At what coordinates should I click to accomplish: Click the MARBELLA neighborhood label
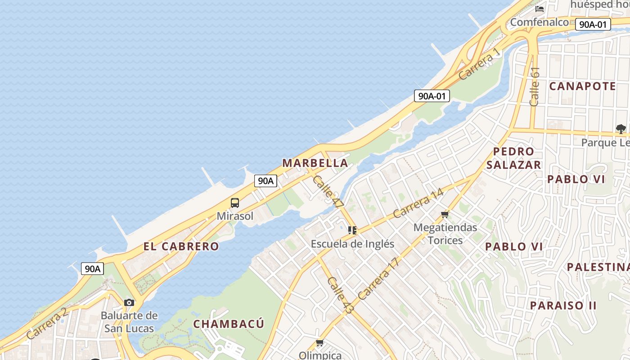[x=315, y=163]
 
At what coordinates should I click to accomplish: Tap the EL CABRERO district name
[x=181, y=247]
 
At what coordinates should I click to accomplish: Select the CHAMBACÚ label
[x=229, y=324]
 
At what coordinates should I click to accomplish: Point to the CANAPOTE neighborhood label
[x=582, y=86]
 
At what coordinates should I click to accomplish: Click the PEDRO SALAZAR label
[x=513, y=158]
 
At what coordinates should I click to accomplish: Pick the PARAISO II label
[x=563, y=306]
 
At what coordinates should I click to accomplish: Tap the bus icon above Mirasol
[x=235, y=203]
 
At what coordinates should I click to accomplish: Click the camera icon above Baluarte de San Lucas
[x=129, y=302]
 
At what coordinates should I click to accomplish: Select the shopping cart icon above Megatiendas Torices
[x=445, y=214]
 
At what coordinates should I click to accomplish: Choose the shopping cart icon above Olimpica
[x=320, y=343]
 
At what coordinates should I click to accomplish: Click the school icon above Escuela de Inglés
[x=352, y=230]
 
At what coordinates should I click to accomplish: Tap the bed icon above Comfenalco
[x=540, y=9]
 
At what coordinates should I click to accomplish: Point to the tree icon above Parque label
[x=621, y=129]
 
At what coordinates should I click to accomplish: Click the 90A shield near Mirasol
[x=265, y=181]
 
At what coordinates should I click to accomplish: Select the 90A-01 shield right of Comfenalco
[x=593, y=24]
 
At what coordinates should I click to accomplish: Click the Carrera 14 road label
[x=418, y=203]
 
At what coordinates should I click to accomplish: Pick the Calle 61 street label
[x=535, y=86]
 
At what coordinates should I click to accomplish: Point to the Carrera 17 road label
[x=378, y=279]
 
